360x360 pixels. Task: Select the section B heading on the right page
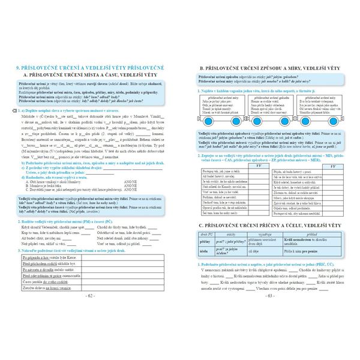(270, 70)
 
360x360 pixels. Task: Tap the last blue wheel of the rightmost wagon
(334, 122)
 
